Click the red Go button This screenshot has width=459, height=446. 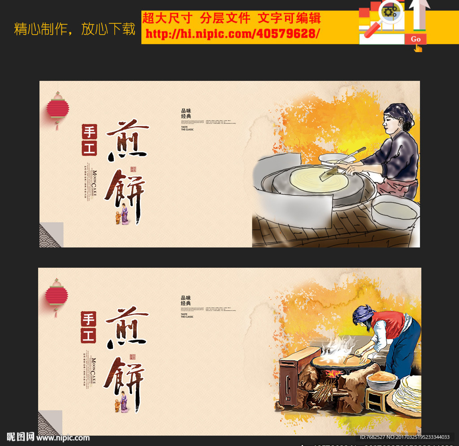point(416,39)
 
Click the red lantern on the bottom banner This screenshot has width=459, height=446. point(56,296)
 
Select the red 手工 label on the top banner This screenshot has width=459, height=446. point(89,140)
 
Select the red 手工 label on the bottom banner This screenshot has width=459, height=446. point(88,327)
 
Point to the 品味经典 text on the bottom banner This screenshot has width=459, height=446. point(186,300)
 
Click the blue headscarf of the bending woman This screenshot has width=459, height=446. point(363,313)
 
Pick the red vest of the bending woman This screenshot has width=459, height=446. point(388,323)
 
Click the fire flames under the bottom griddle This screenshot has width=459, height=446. point(333,374)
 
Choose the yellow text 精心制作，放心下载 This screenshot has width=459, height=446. point(74,29)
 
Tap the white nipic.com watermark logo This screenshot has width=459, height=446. point(48,437)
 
